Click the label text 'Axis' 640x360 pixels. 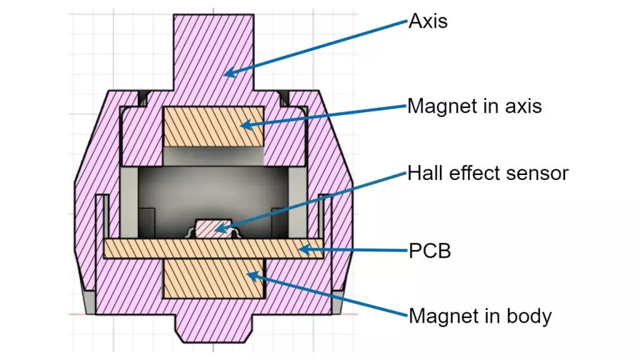(x=427, y=22)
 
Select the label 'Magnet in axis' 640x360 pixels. (x=474, y=106)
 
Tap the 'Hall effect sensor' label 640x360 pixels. (x=487, y=172)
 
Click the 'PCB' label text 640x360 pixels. (x=429, y=252)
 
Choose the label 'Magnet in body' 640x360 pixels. (x=480, y=316)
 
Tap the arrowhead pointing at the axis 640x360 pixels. (x=227, y=74)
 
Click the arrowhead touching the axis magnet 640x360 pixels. (x=244, y=126)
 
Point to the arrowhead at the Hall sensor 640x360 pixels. (x=218, y=230)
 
